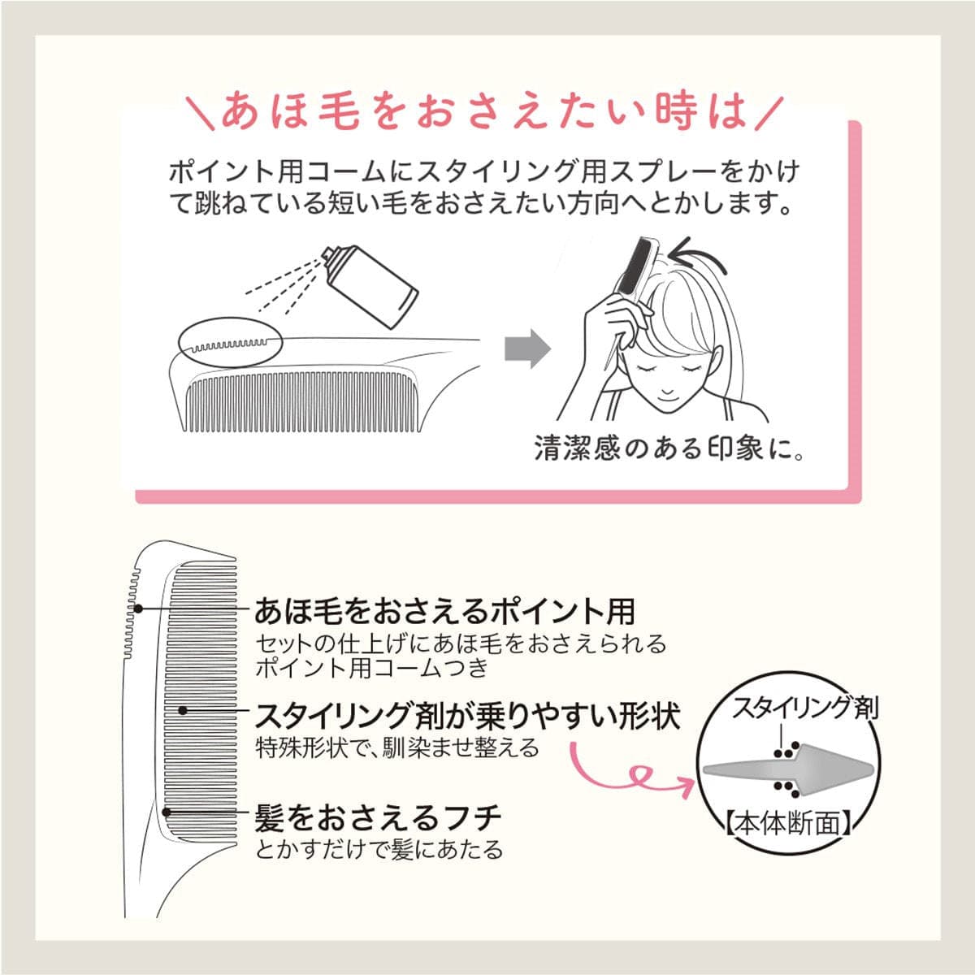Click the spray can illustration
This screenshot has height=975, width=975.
372,287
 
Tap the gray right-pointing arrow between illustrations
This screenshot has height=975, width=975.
528,349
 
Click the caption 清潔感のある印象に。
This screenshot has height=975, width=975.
669,448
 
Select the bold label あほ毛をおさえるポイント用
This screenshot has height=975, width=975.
444,612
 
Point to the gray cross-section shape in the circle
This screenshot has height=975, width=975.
788,771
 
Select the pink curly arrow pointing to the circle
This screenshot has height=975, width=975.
632,776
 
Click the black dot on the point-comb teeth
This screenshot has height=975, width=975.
138,609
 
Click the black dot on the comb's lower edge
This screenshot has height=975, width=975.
166,812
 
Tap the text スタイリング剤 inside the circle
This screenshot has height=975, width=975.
805,709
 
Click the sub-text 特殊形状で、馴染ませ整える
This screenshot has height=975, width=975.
397,747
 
